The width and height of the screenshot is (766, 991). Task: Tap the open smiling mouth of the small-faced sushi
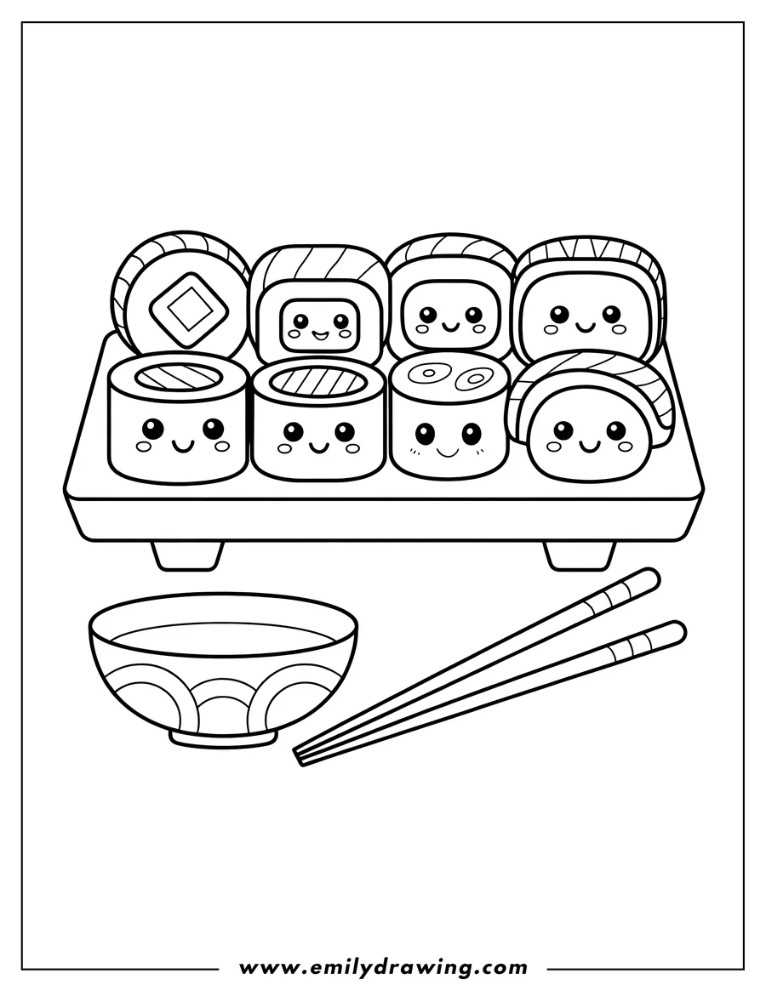point(319,333)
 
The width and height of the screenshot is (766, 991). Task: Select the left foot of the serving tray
point(187,555)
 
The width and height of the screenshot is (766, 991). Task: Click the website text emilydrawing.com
point(383,967)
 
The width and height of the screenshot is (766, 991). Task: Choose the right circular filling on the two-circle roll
point(473,374)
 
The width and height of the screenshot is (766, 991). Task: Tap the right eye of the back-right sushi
point(611,314)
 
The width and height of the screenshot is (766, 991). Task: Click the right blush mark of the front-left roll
point(222,446)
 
